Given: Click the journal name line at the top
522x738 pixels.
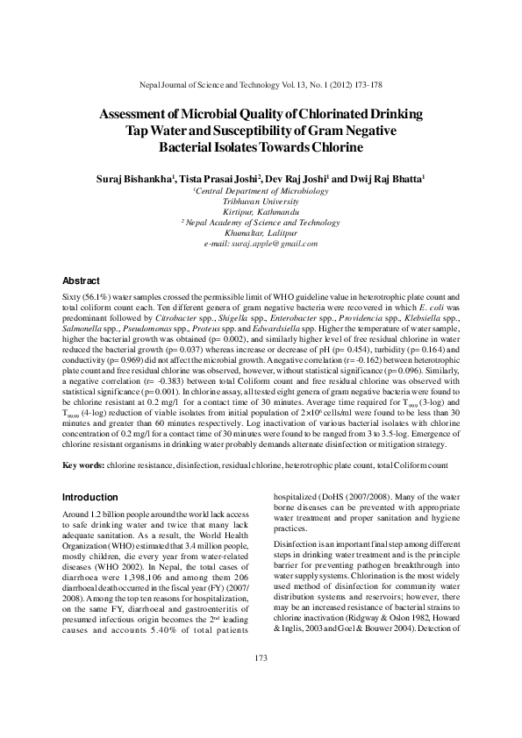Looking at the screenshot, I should (261, 89).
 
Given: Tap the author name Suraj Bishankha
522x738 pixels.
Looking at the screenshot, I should (134, 178).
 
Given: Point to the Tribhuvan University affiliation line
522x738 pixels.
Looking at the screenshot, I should (261, 201).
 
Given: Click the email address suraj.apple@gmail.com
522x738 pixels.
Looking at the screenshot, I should (261, 243).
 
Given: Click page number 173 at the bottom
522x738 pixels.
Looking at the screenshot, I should (261, 682).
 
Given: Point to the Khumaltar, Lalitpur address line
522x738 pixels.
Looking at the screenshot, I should (261, 232).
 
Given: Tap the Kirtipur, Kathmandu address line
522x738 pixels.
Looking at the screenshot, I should (261, 211).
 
